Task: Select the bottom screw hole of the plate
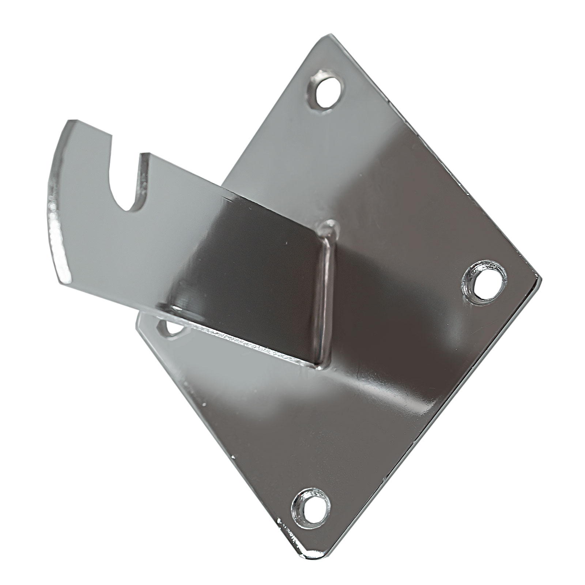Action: (x=310, y=507)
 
